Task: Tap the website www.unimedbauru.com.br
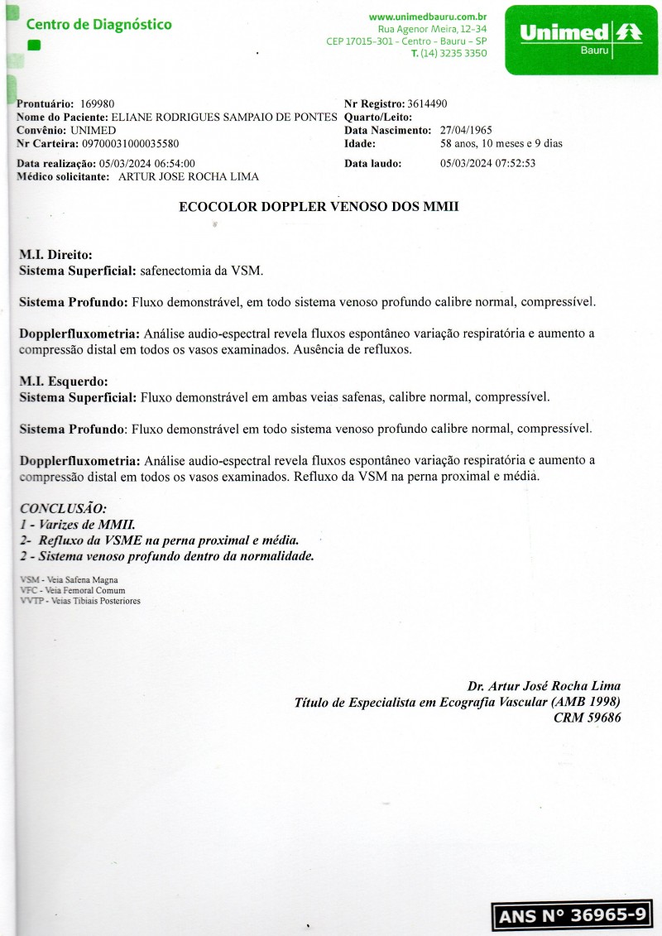coord(428,16)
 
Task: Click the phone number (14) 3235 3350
coord(453,53)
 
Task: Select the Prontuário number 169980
coord(98,103)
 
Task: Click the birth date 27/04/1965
coord(466,131)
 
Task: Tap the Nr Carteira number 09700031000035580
coord(130,143)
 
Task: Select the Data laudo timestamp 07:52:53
coord(516,163)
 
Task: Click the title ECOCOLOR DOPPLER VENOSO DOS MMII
coord(319,208)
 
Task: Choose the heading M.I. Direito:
coord(55,255)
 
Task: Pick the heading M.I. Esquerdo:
coord(63,382)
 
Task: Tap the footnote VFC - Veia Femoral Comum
coord(72,591)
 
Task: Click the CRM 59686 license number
coord(587,718)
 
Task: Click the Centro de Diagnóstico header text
coord(98,25)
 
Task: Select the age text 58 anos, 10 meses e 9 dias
coord(501,143)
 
